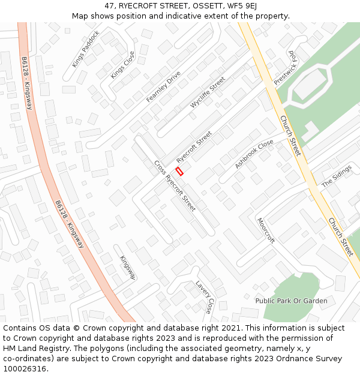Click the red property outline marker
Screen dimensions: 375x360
tap(179, 171)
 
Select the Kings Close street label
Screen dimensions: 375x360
tap(123, 65)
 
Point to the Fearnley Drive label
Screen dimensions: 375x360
tap(163, 87)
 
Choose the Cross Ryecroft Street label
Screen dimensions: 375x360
tap(175, 185)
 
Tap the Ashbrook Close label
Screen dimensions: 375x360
tap(254, 154)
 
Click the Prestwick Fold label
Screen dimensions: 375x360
tap(284, 67)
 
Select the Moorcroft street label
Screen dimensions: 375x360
tap(265, 230)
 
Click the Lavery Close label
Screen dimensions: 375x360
tap(203, 297)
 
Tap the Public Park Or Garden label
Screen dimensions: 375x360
tap(291, 301)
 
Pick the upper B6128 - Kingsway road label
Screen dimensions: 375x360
tap(26, 83)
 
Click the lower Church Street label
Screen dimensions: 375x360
tap(340, 236)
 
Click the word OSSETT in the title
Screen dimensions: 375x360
tap(200, 6)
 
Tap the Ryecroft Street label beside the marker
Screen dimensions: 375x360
tap(194, 148)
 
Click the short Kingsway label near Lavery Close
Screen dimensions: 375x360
tap(128, 268)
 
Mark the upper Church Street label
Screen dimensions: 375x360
tap(290, 136)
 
